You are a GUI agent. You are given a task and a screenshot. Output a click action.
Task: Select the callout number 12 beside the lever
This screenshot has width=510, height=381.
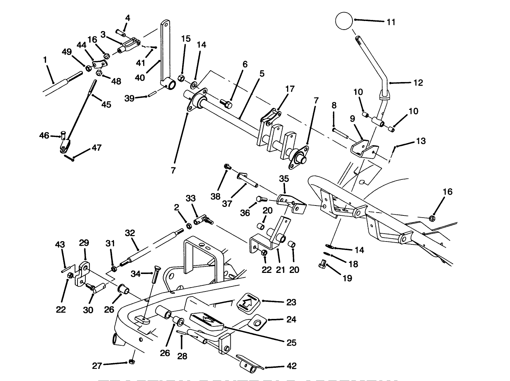point(418,83)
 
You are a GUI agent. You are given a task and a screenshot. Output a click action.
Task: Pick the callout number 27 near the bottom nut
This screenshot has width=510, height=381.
point(97,365)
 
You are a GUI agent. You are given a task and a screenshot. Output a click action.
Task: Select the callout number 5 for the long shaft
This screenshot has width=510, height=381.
point(262,74)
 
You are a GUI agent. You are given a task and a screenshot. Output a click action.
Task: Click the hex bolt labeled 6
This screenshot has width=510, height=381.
point(226,104)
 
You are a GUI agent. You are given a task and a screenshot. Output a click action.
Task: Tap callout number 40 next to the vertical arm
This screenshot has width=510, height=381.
point(140,77)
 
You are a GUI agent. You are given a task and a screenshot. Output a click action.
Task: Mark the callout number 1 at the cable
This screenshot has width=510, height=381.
point(45,60)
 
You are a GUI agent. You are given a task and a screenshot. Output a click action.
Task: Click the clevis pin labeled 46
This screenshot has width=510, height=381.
point(64,136)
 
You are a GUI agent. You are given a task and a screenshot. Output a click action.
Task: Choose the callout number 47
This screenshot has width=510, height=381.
point(96,147)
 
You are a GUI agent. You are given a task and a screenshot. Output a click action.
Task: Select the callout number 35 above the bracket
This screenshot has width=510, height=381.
point(284,178)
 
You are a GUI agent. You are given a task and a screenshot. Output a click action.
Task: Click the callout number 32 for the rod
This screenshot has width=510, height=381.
point(130,233)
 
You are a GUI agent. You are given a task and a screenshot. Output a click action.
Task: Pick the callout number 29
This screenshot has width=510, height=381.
point(84,243)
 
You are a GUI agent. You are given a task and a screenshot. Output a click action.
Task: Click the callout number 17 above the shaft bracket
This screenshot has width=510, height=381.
point(290,89)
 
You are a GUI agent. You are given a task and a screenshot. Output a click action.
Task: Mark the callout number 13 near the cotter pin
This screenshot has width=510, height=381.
point(421,141)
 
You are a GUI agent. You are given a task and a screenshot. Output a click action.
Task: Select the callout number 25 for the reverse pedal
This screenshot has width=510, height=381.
point(291,342)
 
